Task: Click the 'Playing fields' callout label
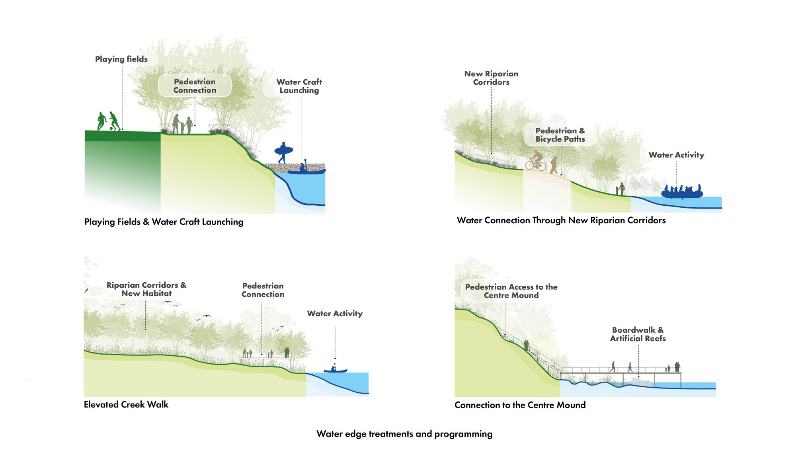point(121,59)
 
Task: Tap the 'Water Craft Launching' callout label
point(299,86)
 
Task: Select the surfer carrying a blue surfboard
point(283,152)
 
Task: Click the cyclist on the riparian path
point(536,161)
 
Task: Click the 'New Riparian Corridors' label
point(491,78)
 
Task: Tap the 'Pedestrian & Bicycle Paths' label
point(560,135)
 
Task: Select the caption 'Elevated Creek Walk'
point(126,405)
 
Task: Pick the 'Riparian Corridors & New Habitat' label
point(146,289)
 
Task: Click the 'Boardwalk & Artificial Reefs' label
point(638,334)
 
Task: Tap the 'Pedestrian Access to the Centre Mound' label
point(511,291)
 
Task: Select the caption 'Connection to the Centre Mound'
point(520,405)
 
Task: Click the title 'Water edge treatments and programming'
point(404,434)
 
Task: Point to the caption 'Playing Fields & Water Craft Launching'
point(164,222)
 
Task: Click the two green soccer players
point(109,121)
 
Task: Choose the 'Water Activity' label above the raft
point(676,155)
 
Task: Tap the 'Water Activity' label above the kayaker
point(335,314)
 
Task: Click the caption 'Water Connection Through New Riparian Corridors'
point(561,220)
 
